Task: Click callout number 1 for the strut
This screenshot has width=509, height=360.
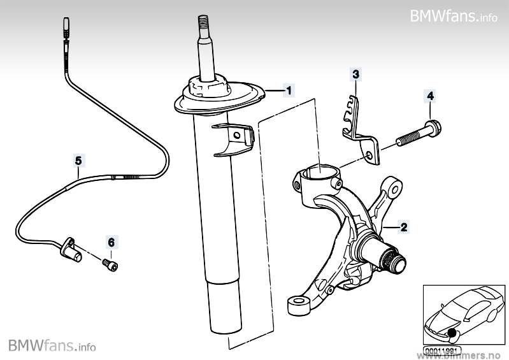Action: [289, 90]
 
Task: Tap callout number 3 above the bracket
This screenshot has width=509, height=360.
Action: [356, 75]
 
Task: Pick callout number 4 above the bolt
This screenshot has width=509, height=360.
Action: [430, 96]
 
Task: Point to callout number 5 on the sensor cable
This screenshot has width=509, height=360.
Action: [78, 161]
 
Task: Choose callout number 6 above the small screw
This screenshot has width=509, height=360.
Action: [111, 243]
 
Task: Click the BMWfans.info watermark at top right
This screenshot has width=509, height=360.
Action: [453, 15]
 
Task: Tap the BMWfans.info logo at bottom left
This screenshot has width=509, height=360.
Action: [52, 346]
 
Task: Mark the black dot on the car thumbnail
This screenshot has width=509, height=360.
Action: [453, 333]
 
